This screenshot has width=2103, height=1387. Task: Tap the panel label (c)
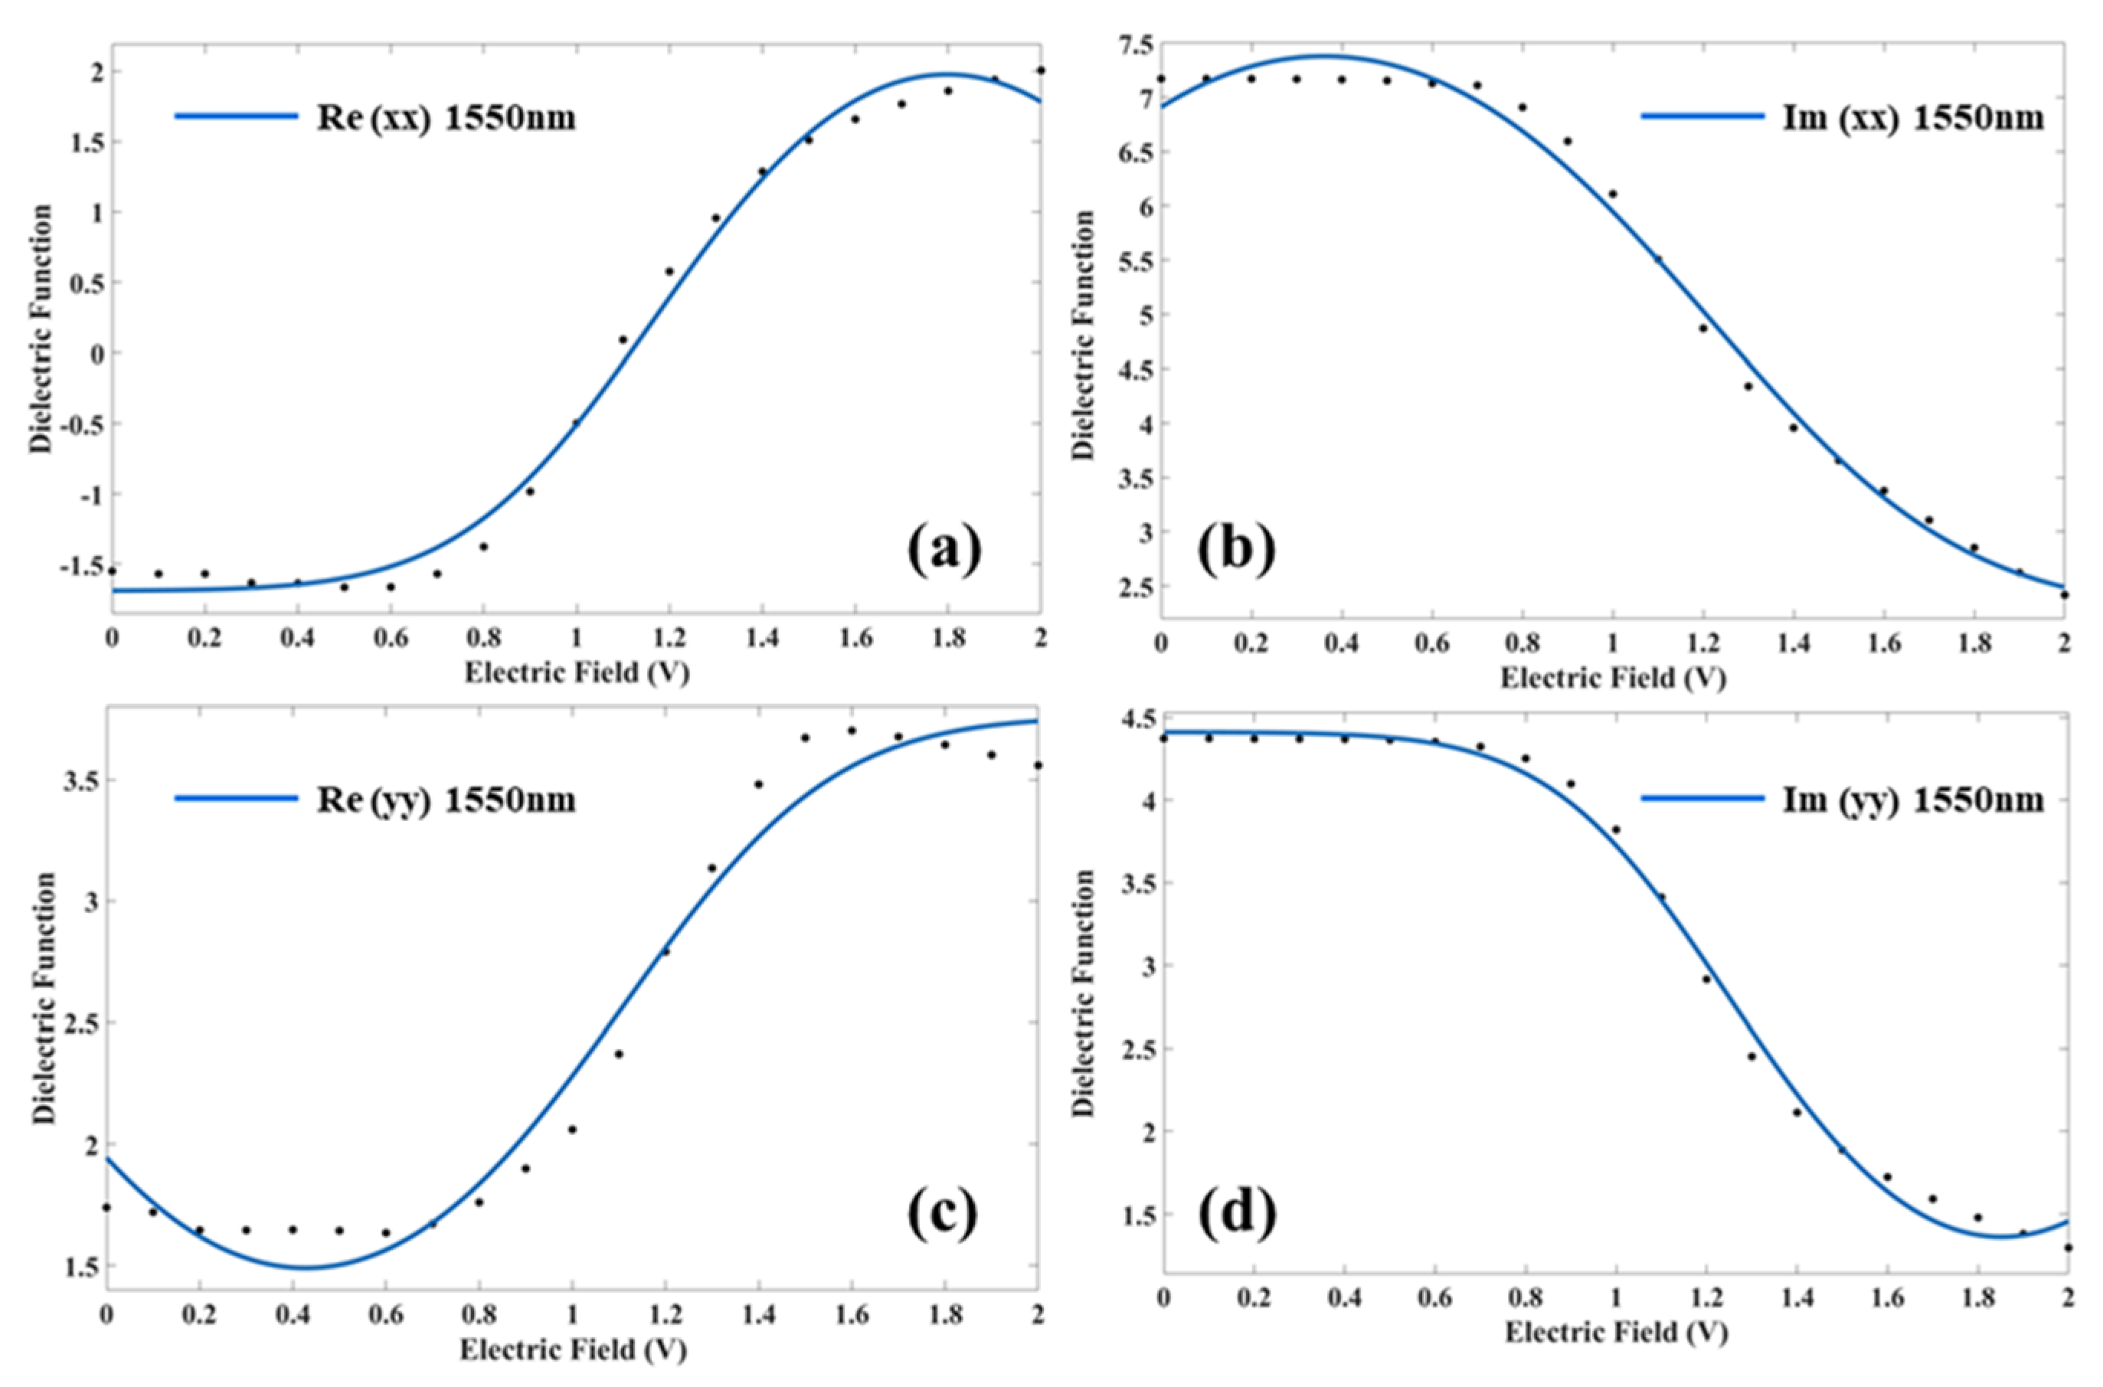point(942,1214)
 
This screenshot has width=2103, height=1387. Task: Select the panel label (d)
point(1236,1214)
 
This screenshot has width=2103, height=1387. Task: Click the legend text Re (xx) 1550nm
point(446,116)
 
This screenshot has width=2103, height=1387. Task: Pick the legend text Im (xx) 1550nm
point(1914,116)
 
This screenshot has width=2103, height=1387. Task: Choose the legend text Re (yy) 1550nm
point(446,800)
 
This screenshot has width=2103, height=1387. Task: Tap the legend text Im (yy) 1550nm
point(1914,800)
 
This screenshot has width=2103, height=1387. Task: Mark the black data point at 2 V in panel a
point(1041,70)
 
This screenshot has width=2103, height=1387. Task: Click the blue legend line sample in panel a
point(236,116)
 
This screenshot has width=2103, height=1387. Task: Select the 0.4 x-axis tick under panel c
point(292,1314)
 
